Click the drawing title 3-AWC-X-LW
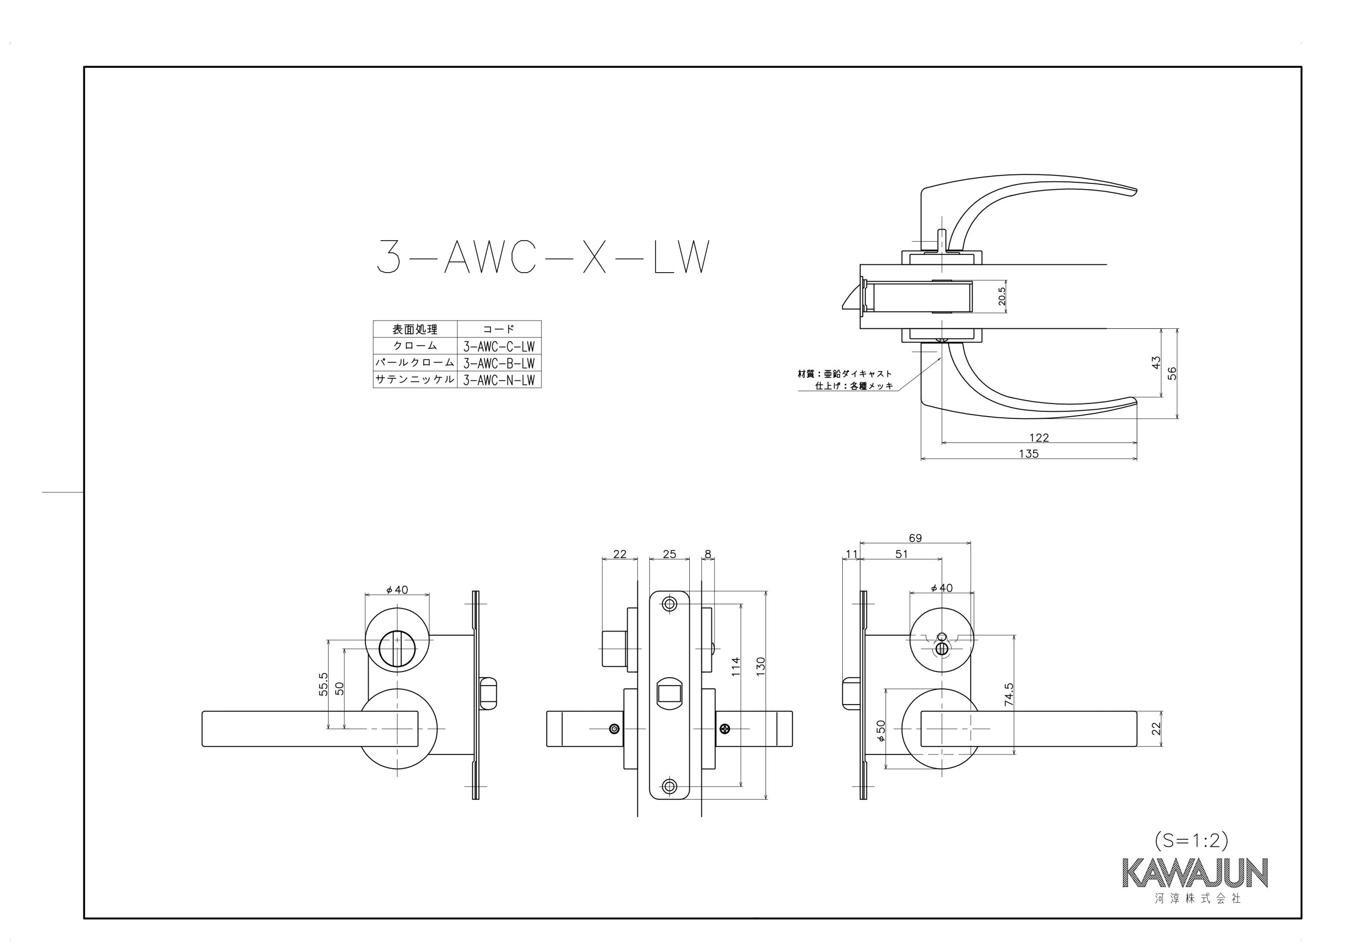click(x=543, y=256)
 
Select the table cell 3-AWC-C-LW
click(x=499, y=346)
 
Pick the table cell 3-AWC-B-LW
click(x=499, y=363)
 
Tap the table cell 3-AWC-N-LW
click(x=499, y=380)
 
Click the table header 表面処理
click(x=415, y=329)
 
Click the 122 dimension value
click(x=1039, y=437)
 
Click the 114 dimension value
click(x=736, y=667)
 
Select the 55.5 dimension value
click(x=323, y=685)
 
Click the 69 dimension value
click(x=915, y=538)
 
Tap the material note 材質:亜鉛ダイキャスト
click(x=845, y=373)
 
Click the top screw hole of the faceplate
click(x=669, y=604)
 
